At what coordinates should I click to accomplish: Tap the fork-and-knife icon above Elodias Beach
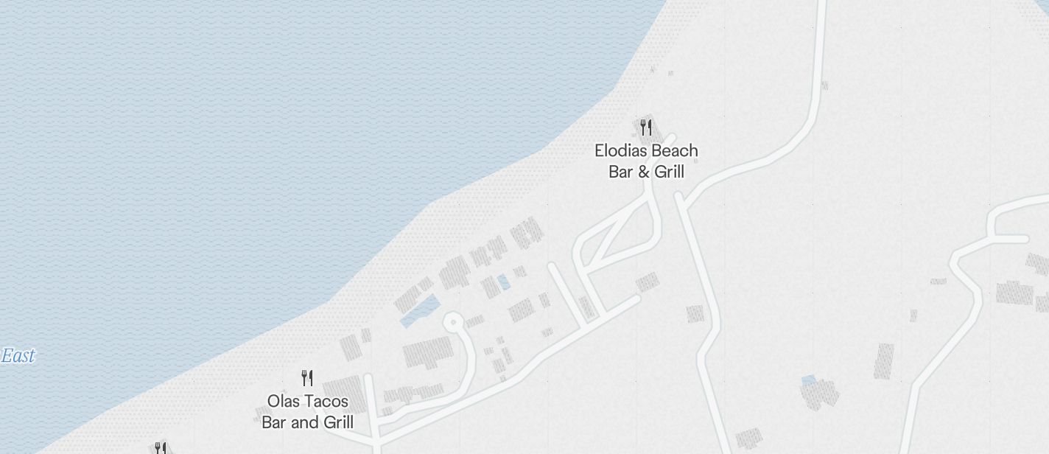(646, 128)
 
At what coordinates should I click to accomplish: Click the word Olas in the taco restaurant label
(283, 402)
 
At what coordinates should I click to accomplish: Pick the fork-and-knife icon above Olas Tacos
(308, 379)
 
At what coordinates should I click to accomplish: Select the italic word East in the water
(18, 357)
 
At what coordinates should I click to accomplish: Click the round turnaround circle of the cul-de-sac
(453, 322)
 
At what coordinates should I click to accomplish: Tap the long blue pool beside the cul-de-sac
(420, 311)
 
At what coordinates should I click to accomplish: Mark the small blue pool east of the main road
(808, 380)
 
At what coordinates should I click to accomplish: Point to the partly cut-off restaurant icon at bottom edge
(160, 447)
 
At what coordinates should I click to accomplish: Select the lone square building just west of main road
(695, 314)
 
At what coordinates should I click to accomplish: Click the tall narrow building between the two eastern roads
(884, 361)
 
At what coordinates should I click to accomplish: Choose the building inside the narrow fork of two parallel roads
(586, 307)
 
